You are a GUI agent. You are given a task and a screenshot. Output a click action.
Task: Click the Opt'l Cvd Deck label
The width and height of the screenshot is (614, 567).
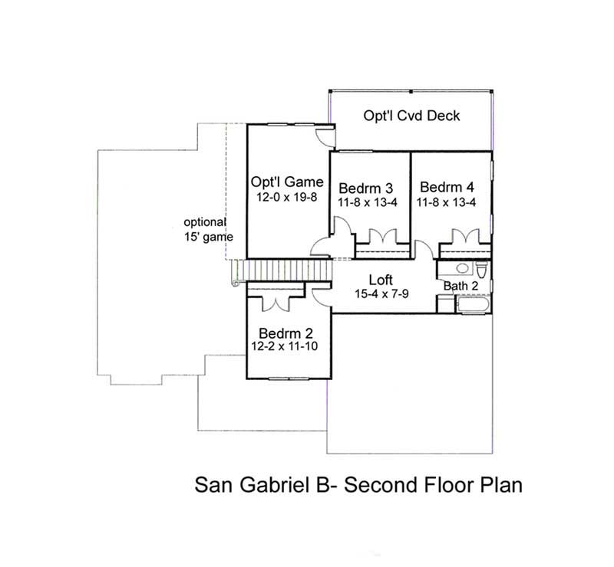[x=411, y=116]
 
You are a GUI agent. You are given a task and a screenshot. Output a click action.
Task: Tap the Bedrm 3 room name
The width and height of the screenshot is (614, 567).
[x=366, y=188]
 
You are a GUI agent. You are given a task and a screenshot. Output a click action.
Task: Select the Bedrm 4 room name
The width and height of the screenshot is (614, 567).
[x=447, y=188]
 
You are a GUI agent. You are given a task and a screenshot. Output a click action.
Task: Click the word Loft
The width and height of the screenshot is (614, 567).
[x=381, y=280]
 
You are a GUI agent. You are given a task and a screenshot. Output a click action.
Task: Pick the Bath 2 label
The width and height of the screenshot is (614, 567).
[x=460, y=286]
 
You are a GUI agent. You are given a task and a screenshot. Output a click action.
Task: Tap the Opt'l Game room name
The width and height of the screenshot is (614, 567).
[x=285, y=182]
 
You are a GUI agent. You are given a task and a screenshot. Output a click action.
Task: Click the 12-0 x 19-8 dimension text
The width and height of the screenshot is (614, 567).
[x=285, y=197]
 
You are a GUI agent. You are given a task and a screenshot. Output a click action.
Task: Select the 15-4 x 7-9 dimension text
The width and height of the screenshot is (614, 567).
[x=381, y=293]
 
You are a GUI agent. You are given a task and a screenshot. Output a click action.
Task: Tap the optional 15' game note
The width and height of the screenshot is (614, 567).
[x=208, y=229]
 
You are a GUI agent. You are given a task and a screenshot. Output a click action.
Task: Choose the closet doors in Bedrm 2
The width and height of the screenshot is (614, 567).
[x=274, y=301]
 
